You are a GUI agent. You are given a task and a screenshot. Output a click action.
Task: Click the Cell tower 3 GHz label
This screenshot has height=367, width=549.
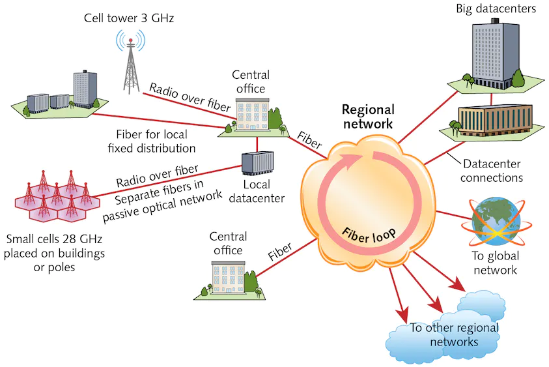[x=129, y=18]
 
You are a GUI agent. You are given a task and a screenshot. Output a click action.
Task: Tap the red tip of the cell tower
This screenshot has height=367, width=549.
[x=131, y=40]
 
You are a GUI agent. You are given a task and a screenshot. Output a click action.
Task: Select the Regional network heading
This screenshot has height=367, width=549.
[x=368, y=117]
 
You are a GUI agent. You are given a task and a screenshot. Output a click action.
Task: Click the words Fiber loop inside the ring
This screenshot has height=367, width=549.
[x=369, y=235]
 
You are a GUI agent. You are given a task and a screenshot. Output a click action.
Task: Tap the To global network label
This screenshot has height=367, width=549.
[x=496, y=263]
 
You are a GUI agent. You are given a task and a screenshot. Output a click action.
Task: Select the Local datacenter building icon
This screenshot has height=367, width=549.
[x=257, y=164]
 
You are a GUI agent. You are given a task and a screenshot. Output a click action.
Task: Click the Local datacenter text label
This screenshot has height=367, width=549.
[x=257, y=192]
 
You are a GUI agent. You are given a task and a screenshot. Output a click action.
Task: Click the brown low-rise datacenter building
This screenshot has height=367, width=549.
[x=495, y=120]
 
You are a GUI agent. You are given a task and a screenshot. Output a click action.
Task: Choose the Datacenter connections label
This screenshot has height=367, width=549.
[x=492, y=171]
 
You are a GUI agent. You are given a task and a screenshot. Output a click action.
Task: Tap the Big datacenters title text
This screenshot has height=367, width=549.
[x=496, y=8]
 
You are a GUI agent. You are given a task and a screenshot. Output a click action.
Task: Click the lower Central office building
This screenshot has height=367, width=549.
[x=229, y=277]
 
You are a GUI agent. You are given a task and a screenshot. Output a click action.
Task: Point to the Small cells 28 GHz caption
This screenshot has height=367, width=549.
[x=54, y=253]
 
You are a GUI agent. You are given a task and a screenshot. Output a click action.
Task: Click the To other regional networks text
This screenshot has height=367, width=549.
[x=454, y=335]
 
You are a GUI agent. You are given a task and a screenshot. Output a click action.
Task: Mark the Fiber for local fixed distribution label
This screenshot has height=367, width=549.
[x=152, y=141]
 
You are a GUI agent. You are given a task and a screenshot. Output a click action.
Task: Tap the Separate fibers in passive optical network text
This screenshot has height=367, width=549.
[x=162, y=201]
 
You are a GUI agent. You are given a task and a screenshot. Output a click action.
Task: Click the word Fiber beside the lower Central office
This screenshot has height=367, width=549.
[x=280, y=252]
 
